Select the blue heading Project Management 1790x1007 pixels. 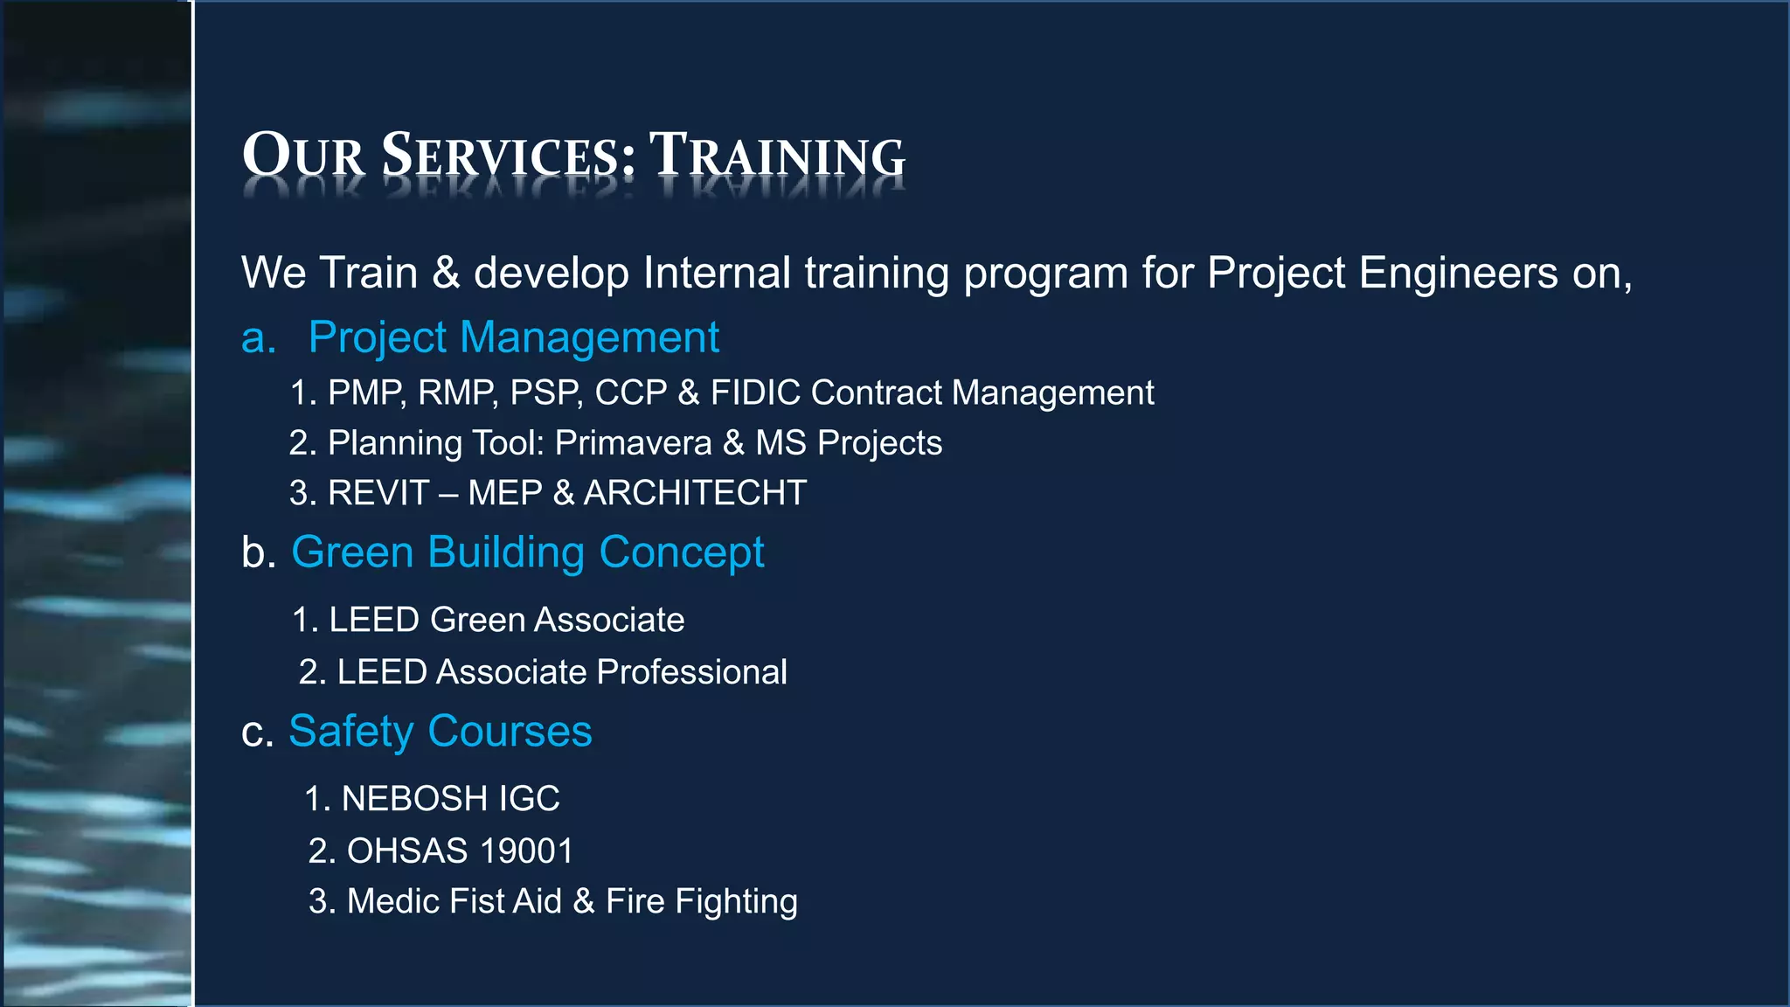pos(513,337)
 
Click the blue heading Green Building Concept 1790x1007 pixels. pos(527,552)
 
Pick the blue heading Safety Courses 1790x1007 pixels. pos(440,732)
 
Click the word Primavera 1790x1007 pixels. pos(633,443)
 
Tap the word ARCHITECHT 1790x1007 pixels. pos(695,493)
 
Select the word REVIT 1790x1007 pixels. pos(378,493)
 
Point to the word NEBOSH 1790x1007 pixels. pos(413,799)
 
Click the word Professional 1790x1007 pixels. pos(691,672)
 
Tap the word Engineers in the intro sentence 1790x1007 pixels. pos(1458,274)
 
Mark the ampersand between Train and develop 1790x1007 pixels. pos(446,274)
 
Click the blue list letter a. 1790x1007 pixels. pos(258,338)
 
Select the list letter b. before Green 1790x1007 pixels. pos(259,553)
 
